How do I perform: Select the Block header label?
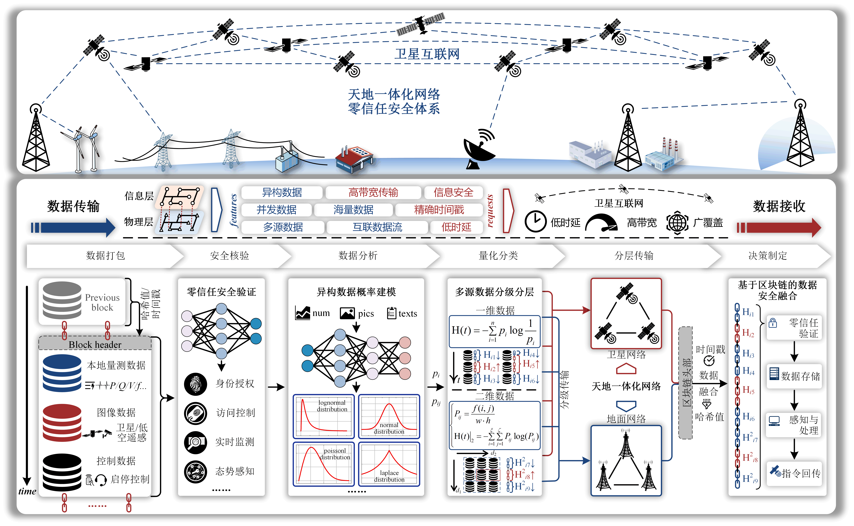coord(95,344)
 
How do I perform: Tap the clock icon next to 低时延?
coord(535,222)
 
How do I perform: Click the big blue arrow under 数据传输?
coord(73,228)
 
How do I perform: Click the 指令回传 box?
coord(795,473)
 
